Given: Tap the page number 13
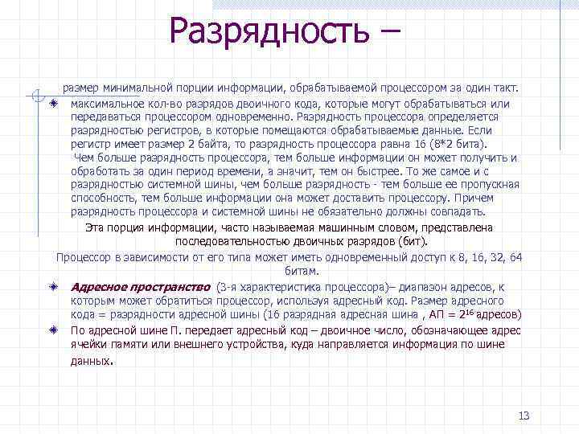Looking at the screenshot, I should (524, 416).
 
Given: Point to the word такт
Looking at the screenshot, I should (506, 87).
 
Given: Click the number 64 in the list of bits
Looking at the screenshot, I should (515, 257).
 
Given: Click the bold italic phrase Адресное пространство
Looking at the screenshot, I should (141, 286).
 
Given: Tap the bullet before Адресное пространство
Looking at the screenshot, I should (52, 286).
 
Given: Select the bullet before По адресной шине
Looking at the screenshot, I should (52, 330).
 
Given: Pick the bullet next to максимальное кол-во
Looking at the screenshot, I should (52, 104).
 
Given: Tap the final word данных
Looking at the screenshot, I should (90, 361).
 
